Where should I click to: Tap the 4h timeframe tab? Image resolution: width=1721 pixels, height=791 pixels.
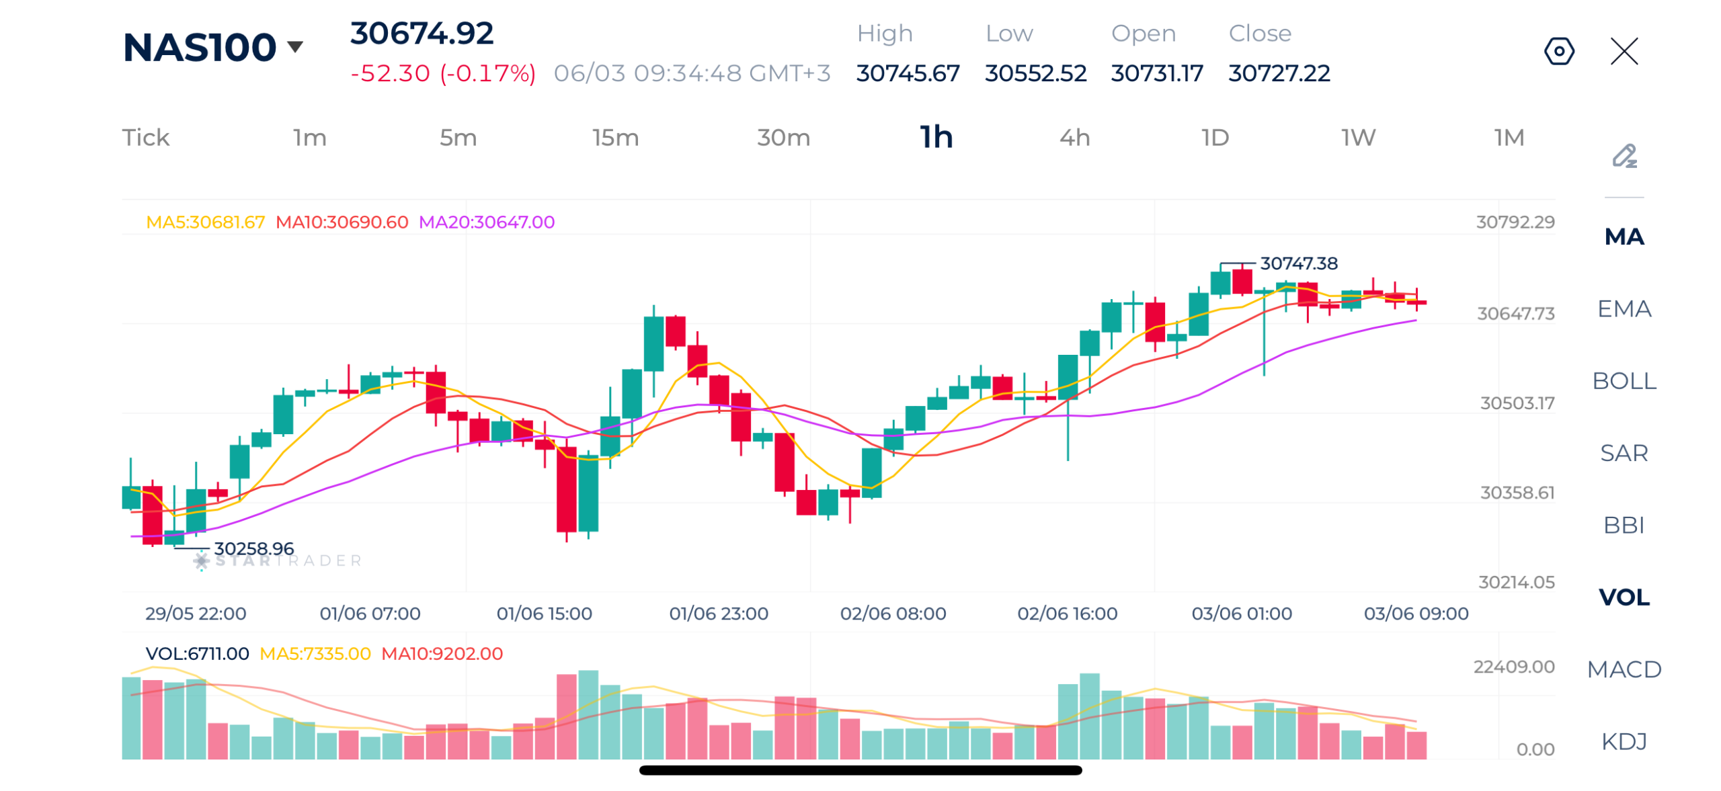point(1074,138)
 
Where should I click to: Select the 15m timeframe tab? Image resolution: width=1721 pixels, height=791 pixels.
point(615,138)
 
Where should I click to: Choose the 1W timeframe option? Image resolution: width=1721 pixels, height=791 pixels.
point(1359,138)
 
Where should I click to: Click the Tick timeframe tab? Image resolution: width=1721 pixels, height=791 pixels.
point(146,138)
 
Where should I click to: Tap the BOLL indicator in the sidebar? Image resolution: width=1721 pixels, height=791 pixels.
point(1624,381)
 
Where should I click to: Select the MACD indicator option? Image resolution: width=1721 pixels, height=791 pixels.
point(1624,669)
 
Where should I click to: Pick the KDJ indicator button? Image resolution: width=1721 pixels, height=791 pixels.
point(1624,741)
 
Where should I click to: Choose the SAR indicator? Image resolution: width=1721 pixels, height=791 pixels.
point(1624,453)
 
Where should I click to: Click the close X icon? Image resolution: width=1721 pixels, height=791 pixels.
point(1624,51)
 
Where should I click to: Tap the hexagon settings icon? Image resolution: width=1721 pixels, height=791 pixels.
point(1558,51)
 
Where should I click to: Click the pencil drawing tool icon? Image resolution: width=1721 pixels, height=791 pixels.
point(1624,156)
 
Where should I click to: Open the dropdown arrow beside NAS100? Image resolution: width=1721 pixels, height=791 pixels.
point(294,47)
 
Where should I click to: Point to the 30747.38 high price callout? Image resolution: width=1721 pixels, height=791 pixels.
point(1298,263)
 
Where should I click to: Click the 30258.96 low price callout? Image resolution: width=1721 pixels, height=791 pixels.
point(253,548)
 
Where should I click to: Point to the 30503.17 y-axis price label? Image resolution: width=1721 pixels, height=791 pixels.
point(1517,403)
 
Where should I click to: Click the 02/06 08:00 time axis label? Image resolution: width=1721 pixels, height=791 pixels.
point(892,614)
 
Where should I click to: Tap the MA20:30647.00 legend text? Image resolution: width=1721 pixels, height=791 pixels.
point(486,222)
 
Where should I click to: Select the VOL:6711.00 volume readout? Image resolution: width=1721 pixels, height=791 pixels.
point(197,653)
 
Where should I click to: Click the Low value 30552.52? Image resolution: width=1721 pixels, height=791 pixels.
point(1035,73)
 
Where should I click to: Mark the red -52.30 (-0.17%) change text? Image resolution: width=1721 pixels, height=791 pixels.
point(443,73)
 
